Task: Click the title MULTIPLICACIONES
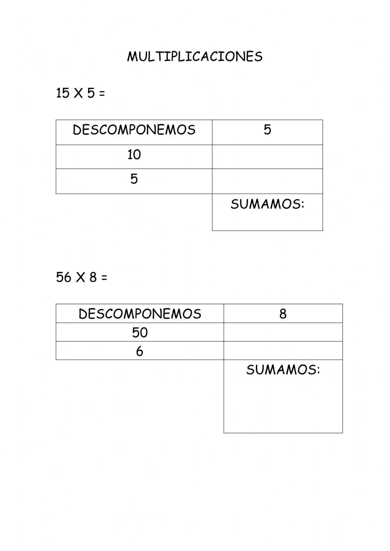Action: pyautogui.click(x=195, y=57)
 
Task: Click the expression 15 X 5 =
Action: pyautogui.click(x=80, y=94)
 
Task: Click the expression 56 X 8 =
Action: pyautogui.click(x=82, y=278)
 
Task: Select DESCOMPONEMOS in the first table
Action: pyautogui.click(x=134, y=130)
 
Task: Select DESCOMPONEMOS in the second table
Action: pyautogui.click(x=140, y=314)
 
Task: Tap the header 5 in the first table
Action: pyautogui.click(x=267, y=130)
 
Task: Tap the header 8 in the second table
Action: pyautogui.click(x=283, y=314)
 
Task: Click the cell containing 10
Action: pyautogui.click(x=134, y=155)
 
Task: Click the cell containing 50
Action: pyautogui.click(x=140, y=333)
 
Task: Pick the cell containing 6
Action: pyautogui.click(x=140, y=351)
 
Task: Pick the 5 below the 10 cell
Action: pyautogui.click(x=134, y=179)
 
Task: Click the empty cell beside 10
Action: pyautogui.click(x=267, y=157)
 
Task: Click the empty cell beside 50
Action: pyautogui.click(x=283, y=332)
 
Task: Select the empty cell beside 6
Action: pyautogui.click(x=283, y=351)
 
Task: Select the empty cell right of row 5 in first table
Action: pyautogui.click(x=267, y=181)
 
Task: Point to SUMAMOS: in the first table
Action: pyautogui.click(x=267, y=204)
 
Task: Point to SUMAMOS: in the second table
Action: pyautogui.click(x=283, y=370)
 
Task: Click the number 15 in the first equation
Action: pyautogui.click(x=62, y=94)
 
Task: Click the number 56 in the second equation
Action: pyautogui.click(x=64, y=278)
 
